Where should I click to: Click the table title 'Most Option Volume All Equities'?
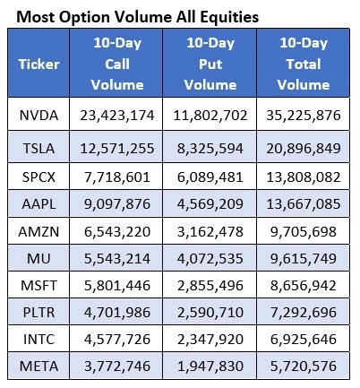point(137,17)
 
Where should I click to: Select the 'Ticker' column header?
point(39,64)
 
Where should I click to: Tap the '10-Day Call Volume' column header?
point(117,64)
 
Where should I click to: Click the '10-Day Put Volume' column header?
point(210,64)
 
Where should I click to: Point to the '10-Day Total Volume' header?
point(304,64)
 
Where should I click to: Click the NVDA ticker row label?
point(39,116)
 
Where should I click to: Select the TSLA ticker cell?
point(39,148)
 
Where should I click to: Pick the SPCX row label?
point(39,177)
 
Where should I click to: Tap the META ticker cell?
point(39,366)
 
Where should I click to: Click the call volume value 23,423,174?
point(117,116)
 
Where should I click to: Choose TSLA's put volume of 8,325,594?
point(210,148)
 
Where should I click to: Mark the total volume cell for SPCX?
point(304,177)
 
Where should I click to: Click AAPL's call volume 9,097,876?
point(117,203)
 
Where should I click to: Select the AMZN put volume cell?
point(210,231)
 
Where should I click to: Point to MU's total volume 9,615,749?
point(304,258)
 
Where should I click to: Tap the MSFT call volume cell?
point(117,285)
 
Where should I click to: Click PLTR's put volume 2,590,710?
point(210,312)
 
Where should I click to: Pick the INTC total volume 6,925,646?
point(304,339)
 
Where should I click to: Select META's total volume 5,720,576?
point(304,366)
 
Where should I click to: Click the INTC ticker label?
point(39,339)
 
